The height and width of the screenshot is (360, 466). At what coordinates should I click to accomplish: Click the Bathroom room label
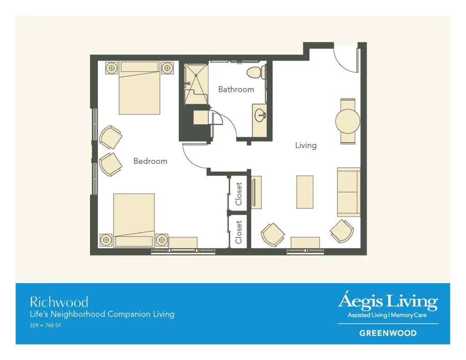236,89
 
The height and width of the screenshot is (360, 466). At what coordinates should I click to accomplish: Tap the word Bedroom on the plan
150,161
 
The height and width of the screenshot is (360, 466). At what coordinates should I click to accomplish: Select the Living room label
305,146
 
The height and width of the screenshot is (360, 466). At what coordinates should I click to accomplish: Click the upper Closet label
239,194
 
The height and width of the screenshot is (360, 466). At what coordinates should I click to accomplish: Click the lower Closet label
239,232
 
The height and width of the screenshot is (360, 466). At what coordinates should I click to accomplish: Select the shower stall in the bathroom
195,83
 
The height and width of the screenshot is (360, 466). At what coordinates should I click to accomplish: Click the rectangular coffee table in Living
304,192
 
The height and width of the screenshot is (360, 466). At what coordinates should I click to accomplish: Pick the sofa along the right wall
349,192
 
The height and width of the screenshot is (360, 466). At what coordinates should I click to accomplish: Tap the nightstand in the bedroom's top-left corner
112,68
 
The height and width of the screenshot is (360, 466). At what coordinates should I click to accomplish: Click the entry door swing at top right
346,59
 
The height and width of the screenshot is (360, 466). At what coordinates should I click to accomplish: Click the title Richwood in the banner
59,302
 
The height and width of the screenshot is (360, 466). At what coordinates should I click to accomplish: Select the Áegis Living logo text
388,301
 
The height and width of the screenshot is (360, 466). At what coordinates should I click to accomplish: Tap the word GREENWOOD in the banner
388,333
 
